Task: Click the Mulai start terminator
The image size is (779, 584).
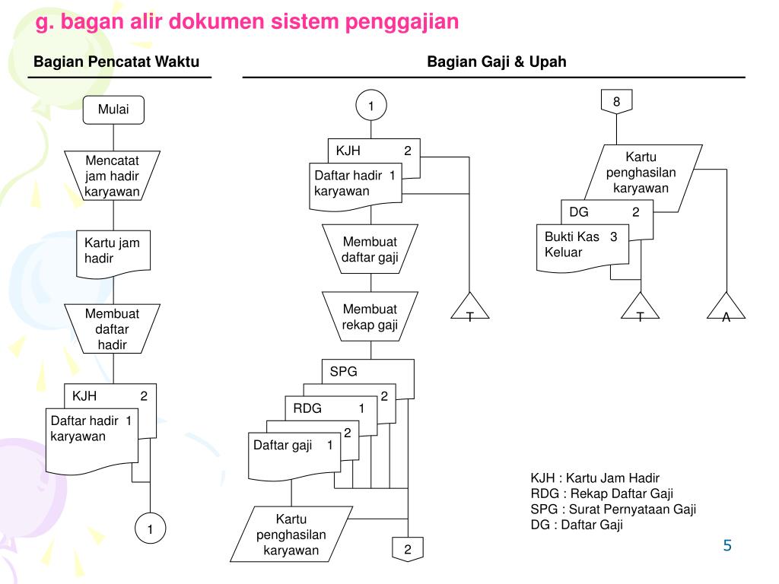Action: coord(113,109)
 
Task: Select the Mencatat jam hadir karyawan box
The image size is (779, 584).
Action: coord(113,176)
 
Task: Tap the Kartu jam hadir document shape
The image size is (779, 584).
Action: coord(113,252)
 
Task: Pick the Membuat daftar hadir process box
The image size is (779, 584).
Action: coord(113,329)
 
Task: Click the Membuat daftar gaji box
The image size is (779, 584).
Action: coord(370,249)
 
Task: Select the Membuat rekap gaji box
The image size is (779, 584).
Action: coord(370,317)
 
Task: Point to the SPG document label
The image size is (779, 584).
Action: coord(344,373)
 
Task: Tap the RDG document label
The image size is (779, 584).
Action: coord(307,408)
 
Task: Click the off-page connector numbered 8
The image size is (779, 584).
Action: coord(617,102)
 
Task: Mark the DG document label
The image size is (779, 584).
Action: coord(579,212)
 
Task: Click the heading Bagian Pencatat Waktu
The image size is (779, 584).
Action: coord(116,62)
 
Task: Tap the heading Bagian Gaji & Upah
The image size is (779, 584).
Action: coord(496,62)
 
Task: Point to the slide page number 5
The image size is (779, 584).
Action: coord(727,545)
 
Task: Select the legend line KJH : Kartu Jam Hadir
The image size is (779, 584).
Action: coord(595,478)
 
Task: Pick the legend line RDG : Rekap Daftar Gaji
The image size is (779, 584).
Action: coord(602,494)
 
